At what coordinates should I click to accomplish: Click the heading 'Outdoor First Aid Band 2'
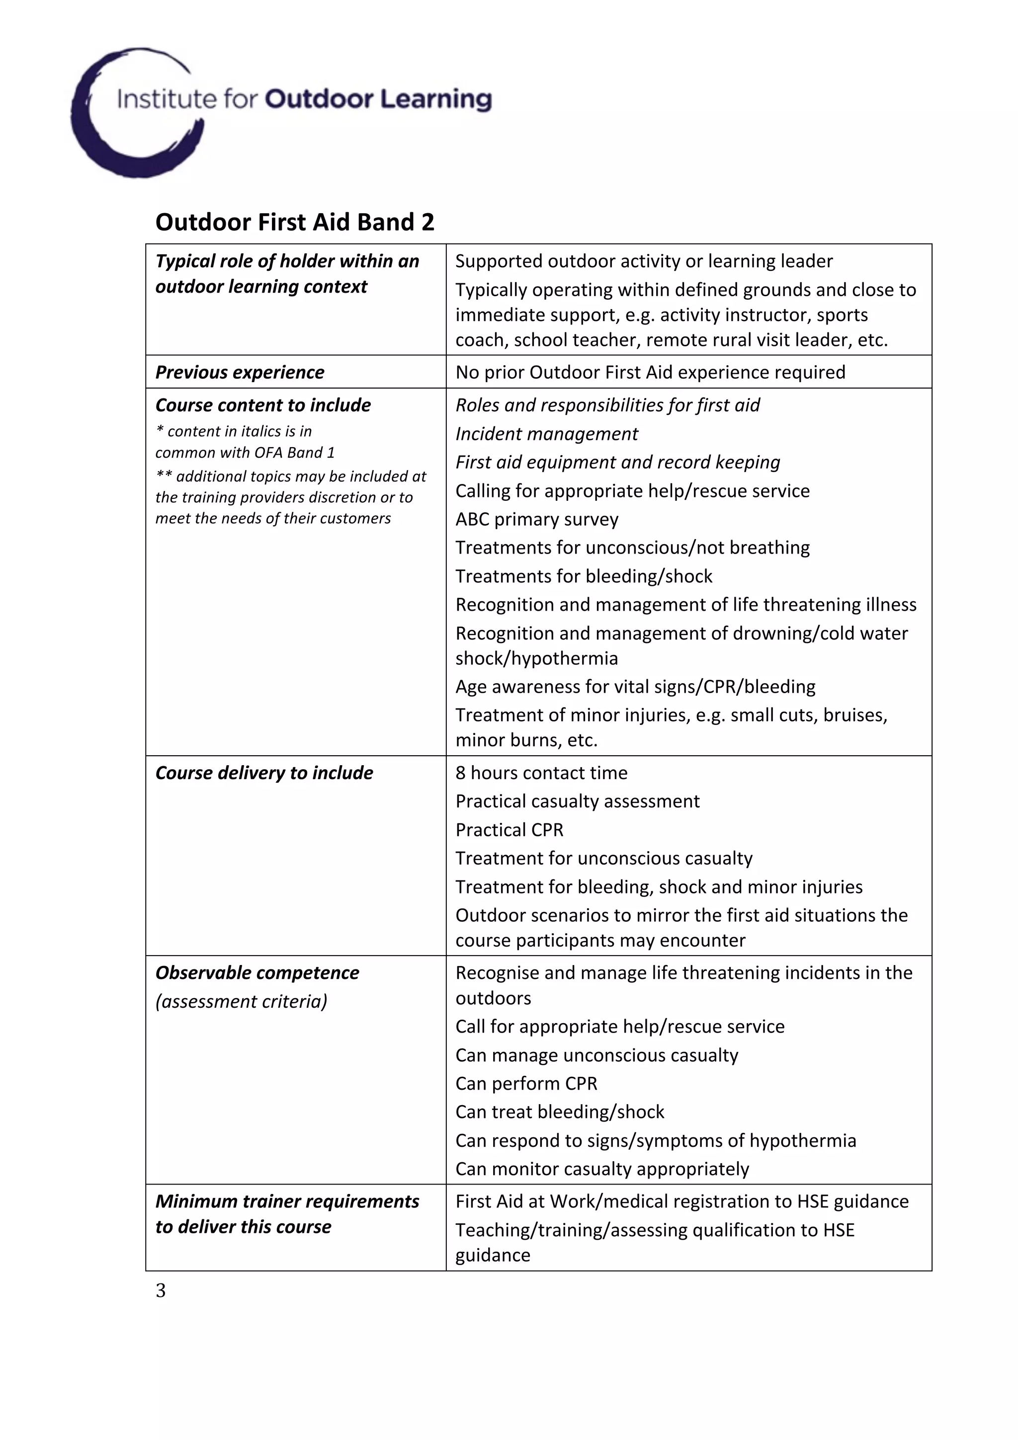(294, 222)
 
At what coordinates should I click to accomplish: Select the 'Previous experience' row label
(240, 372)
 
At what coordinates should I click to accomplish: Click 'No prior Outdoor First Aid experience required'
(650, 372)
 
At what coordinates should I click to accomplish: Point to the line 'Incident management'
(546, 433)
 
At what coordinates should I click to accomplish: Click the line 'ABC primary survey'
(536, 519)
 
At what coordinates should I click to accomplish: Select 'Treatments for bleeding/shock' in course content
(584, 576)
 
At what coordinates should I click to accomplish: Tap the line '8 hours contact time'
(541, 773)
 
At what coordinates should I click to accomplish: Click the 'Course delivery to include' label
(264, 773)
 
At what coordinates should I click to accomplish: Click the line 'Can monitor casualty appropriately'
(601, 1168)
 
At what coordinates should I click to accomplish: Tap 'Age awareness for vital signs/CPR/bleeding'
(635, 686)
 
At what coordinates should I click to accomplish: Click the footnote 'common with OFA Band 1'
(245, 452)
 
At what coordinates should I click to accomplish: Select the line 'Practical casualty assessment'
(577, 801)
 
